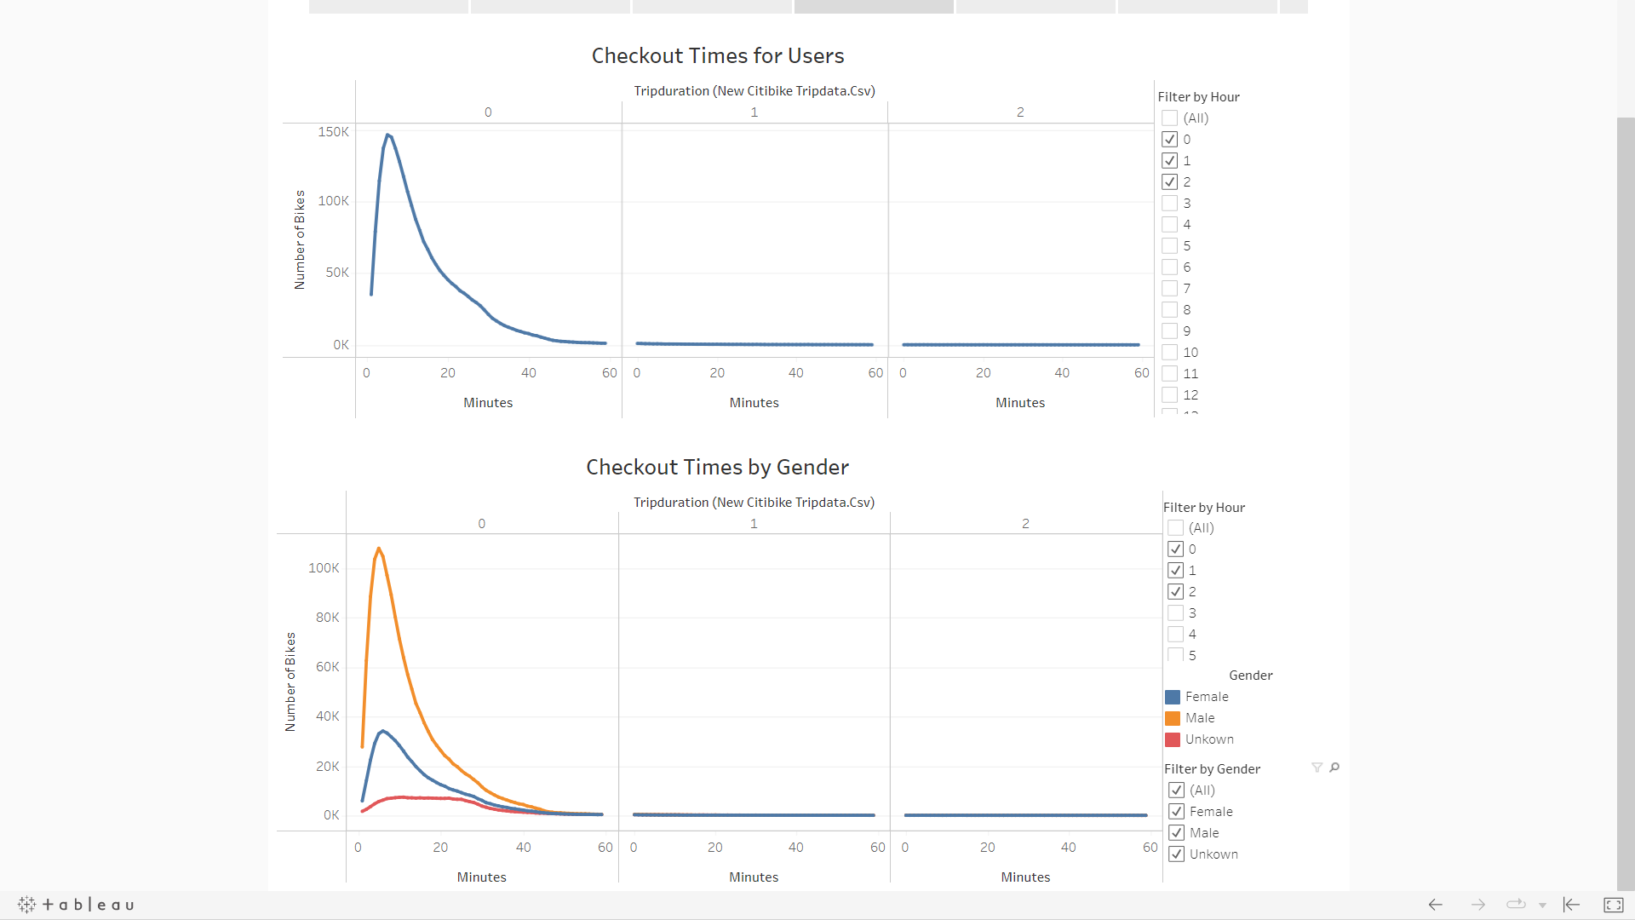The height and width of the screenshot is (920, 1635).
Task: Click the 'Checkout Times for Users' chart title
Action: pyautogui.click(x=717, y=56)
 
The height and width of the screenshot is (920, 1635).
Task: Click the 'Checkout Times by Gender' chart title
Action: pyautogui.click(x=717, y=468)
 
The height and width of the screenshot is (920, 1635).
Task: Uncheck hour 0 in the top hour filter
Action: pyautogui.click(x=1170, y=140)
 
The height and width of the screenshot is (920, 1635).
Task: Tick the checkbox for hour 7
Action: pyautogui.click(x=1170, y=289)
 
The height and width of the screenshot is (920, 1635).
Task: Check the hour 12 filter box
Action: pyautogui.click(x=1170, y=395)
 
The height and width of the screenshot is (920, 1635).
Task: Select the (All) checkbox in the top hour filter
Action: pyautogui.click(x=1170, y=118)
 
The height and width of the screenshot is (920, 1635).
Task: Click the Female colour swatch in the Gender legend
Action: pyautogui.click(x=1173, y=697)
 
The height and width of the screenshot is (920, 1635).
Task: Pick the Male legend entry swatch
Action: pyautogui.click(x=1173, y=718)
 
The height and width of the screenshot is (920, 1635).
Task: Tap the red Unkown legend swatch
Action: pyautogui.click(x=1173, y=739)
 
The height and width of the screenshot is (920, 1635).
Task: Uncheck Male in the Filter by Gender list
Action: pyautogui.click(x=1177, y=833)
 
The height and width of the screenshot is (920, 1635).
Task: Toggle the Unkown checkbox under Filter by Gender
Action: pyautogui.click(x=1177, y=854)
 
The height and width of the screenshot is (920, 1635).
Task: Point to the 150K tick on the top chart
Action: pyautogui.click(x=333, y=132)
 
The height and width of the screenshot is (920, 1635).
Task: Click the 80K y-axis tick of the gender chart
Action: pyautogui.click(x=327, y=618)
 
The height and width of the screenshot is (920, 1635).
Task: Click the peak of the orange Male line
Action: pyautogui.click(x=378, y=549)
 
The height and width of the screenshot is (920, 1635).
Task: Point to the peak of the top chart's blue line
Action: pyautogui.click(x=387, y=135)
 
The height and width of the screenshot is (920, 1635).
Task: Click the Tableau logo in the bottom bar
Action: pyautogui.click(x=76, y=905)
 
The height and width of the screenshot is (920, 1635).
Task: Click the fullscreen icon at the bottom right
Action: pyautogui.click(x=1613, y=905)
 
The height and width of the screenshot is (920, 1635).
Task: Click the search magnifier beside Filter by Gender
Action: pyautogui.click(x=1334, y=768)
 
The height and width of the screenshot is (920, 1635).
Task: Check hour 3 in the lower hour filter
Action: pyautogui.click(x=1176, y=613)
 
